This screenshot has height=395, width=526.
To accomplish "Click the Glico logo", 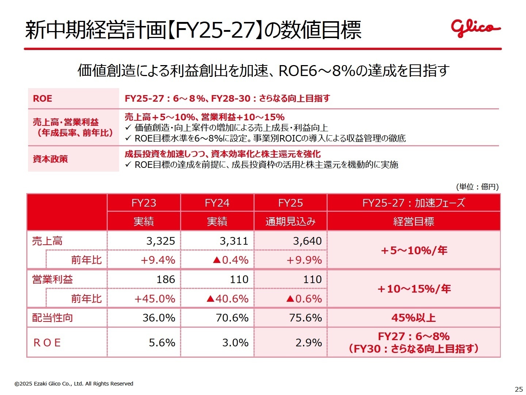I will pyautogui.click(x=475, y=28).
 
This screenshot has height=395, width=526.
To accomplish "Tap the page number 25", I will pyautogui.click(x=519, y=389).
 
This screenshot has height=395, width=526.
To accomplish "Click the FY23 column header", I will pyautogui.click(x=144, y=203).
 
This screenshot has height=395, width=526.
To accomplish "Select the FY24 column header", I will pyautogui.click(x=217, y=203).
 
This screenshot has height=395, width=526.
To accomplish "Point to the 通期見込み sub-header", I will pyautogui.click(x=290, y=222).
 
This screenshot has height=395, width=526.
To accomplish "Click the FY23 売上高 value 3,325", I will pyautogui.click(x=161, y=241).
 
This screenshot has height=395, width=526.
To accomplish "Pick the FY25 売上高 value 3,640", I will pyautogui.click(x=307, y=241).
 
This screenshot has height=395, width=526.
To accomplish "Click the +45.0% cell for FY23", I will pyautogui.click(x=155, y=298).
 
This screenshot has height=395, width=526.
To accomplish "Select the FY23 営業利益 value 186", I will pyautogui.click(x=166, y=279).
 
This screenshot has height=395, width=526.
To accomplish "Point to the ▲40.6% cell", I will pyautogui.click(x=227, y=298).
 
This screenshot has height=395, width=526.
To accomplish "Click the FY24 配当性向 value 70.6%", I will pyautogui.click(x=232, y=317).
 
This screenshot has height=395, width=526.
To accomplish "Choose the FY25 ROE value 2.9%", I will pyautogui.click(x=309, y=343).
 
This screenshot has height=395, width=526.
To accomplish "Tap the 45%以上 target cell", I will pyautogui.click(x=413, y=317).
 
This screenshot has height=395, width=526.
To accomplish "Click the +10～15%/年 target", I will pyautogui.click(x=414, y=289).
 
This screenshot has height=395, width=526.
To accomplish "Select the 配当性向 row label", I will pyautogui.click(x=53, y=317).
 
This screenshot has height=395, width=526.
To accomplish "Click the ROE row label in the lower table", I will pyautogui.click(x=47, y=343).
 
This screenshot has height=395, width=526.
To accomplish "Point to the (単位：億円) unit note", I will pyautogui.click(x=477, y=187).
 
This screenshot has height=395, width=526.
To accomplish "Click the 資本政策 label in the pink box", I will pyautogui.click(x=50, y=159).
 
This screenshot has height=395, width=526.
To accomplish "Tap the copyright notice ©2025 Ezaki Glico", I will pyautogui.click(x=74, y=384).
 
